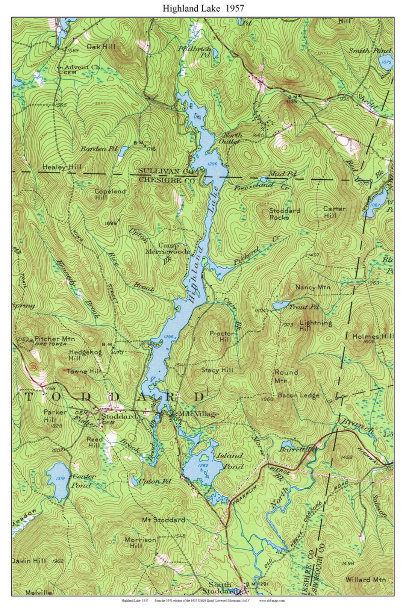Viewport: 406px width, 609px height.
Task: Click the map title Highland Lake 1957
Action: click(203, 9)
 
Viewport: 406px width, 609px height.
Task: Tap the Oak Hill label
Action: click(101, 47)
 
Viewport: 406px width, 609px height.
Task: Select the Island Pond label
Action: click(230, 461)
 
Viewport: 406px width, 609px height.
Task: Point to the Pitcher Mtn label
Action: click(55, 339)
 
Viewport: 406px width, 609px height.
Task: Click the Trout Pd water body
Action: click(280, 305)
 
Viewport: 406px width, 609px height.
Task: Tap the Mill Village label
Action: click(198, 414)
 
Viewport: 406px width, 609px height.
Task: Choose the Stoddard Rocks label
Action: click(284, 214)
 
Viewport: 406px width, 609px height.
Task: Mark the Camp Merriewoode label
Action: click(168, 248)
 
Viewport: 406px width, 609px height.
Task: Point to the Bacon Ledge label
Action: click(298, 395)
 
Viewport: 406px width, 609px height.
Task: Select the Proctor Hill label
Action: click(222, 336)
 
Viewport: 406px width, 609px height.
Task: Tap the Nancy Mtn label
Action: click(312, 287)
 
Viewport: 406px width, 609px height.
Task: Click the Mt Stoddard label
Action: click(164, 520)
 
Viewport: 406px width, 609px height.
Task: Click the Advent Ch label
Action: click(83, 67)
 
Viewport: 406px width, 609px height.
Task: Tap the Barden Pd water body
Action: click(123, 151)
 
